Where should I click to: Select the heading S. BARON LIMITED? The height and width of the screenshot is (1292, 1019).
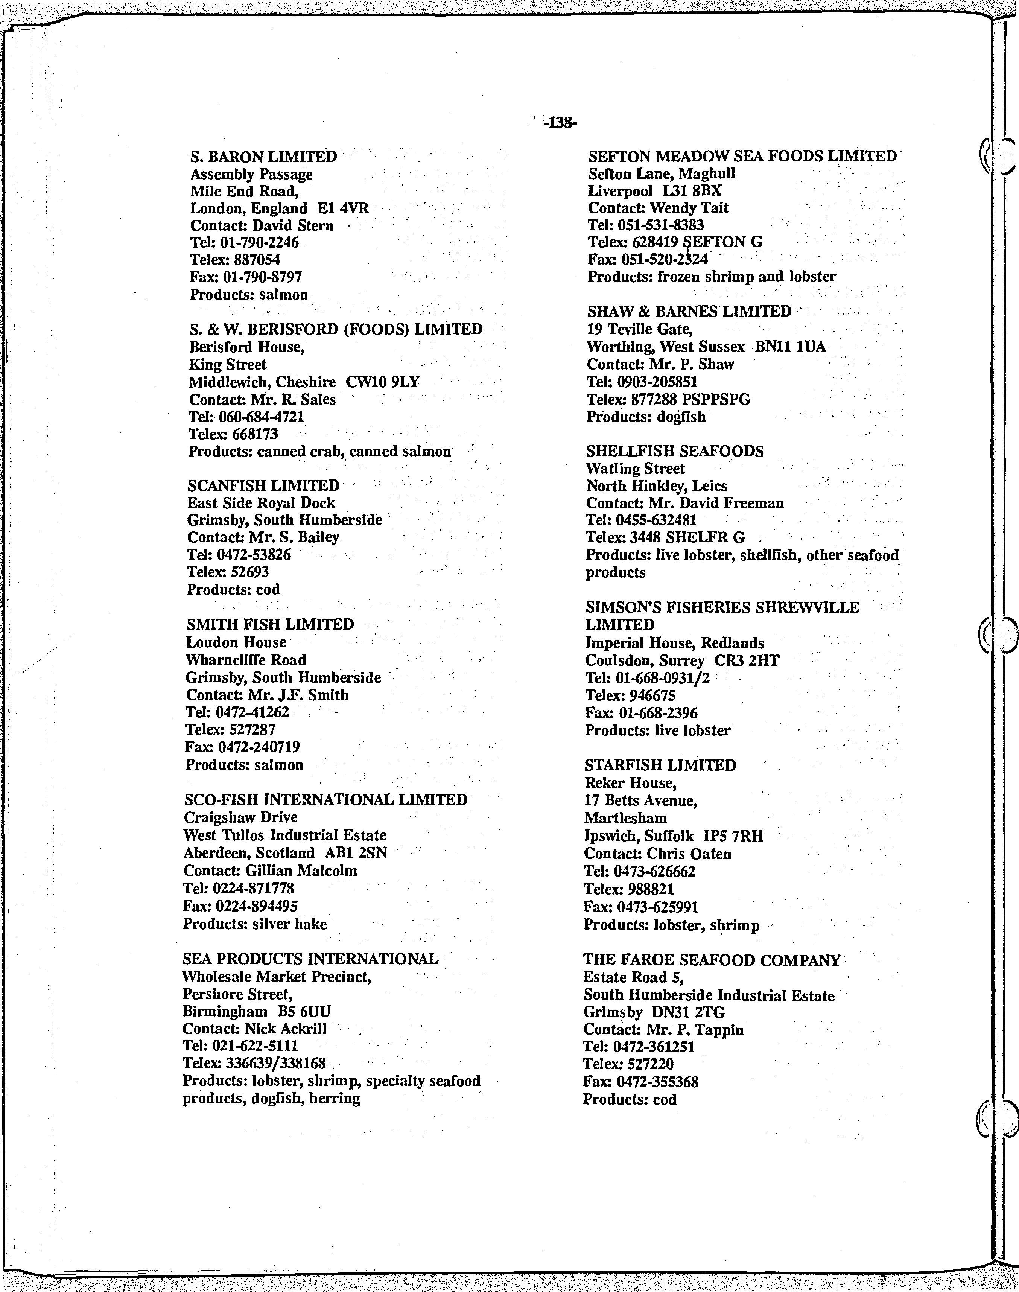coord(263,157)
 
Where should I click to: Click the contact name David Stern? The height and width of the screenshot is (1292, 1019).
coord(292,225)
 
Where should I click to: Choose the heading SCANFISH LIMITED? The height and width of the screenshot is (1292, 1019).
coord(263,486)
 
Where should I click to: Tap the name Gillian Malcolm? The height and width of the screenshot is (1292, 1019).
coord(301,871)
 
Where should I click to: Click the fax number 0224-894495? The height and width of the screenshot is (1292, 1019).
coord(257,906)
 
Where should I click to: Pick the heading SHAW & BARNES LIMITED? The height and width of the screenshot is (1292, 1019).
coord(689,312)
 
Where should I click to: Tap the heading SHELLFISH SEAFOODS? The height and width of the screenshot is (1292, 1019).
coord(675,451)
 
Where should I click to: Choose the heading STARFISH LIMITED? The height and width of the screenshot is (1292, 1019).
coord(660,765)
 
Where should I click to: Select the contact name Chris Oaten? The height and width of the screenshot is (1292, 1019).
coord(689,854)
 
